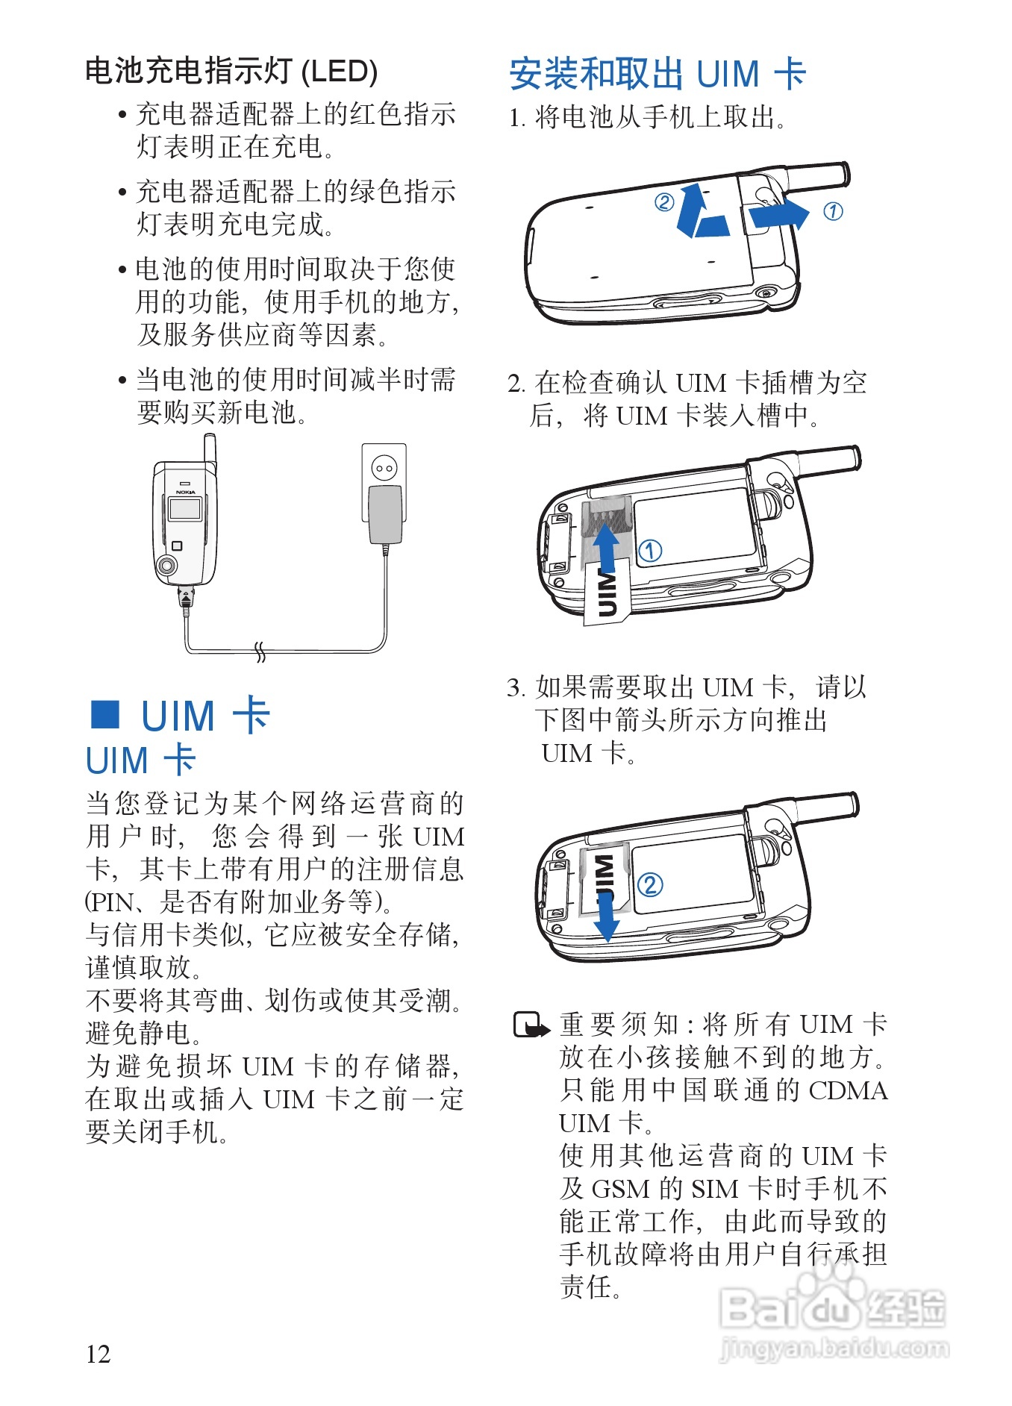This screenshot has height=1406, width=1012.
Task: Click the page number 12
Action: click(99, 1354)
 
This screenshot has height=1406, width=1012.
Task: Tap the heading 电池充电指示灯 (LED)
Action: click(231, 72)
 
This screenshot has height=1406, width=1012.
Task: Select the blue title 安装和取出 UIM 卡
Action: click(658, 74)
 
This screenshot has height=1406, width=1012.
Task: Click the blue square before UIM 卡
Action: click(105, 714)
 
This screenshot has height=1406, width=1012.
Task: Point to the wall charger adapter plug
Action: click(385, 515)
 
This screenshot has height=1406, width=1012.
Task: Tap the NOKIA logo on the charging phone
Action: click(185, 492)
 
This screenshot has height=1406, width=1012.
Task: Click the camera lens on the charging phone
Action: click(167, 566)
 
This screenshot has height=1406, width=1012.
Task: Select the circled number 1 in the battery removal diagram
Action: click(833, 212)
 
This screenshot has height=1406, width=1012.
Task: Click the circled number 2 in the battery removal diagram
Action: click(663, 201)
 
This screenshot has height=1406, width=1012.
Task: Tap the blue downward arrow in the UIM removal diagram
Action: click(607, 917)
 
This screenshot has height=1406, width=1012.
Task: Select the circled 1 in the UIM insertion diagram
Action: click(650, 551)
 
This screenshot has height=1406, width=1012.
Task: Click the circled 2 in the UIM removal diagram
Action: click(650, 885)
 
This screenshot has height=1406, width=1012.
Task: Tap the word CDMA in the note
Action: click(849, 1091)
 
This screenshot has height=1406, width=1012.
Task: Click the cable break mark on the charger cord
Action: click(260, 652)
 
